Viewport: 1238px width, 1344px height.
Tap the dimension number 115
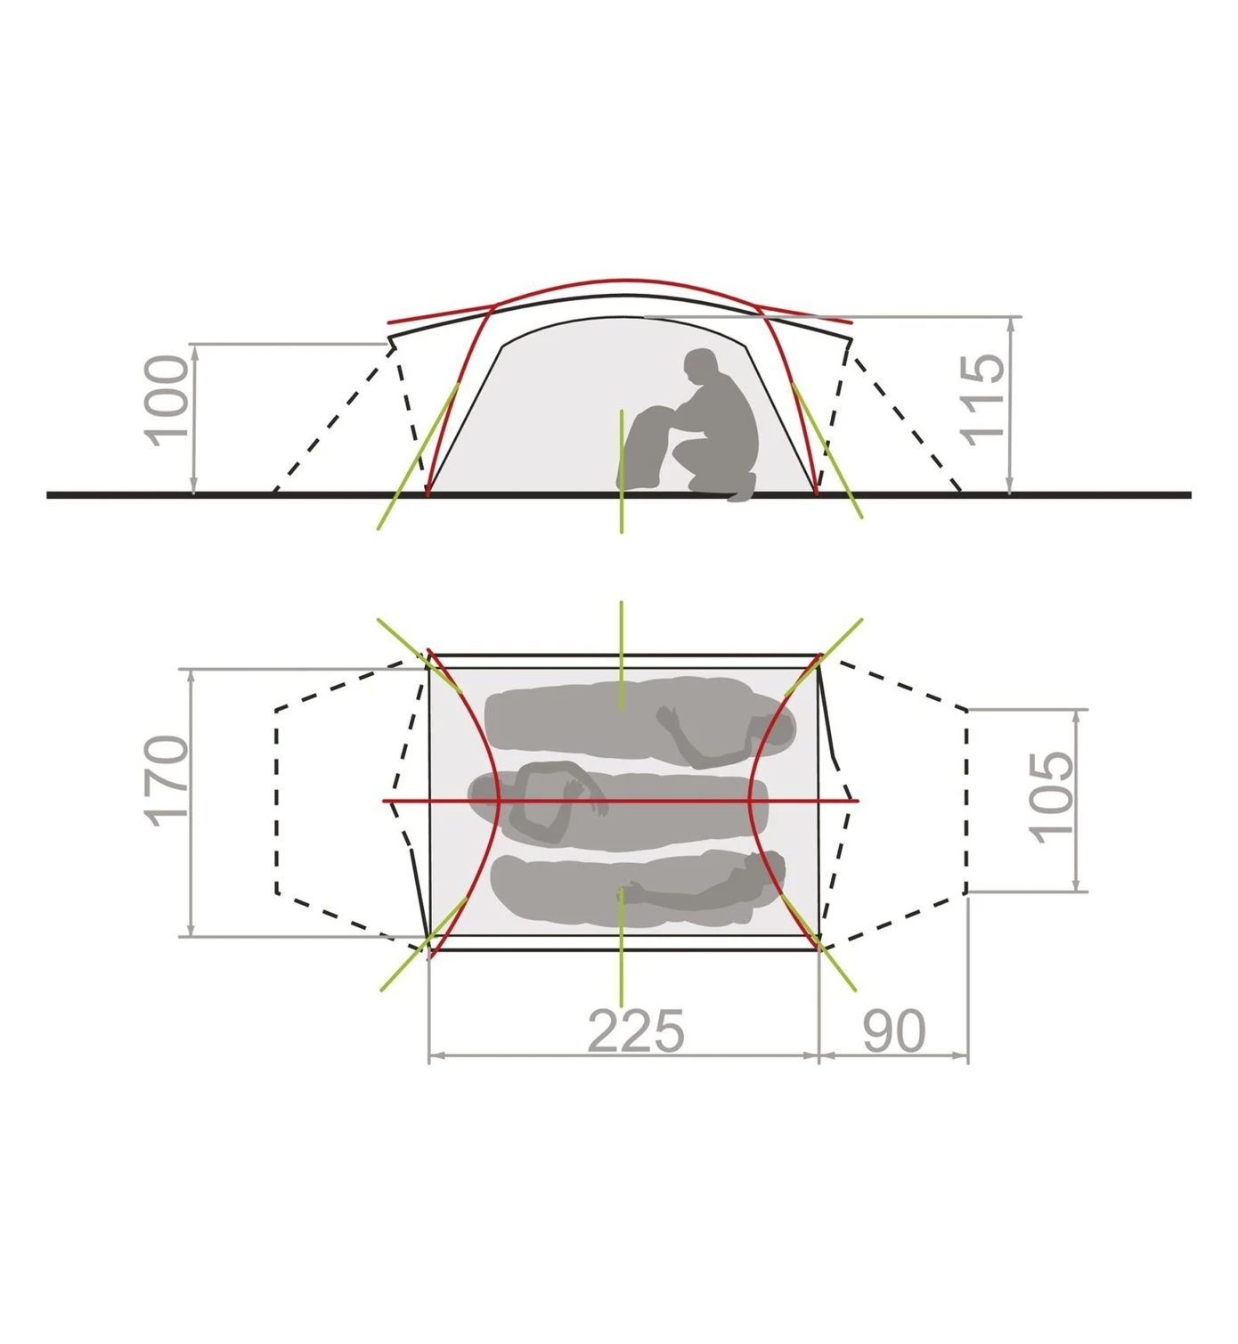tap(983, 400)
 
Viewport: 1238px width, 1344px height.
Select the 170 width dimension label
tap(166, 781)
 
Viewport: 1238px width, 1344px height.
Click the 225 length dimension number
tap(636, 1031)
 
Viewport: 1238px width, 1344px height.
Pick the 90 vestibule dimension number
tap(893, 1031)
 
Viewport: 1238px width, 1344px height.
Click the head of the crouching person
tap(700, 366)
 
